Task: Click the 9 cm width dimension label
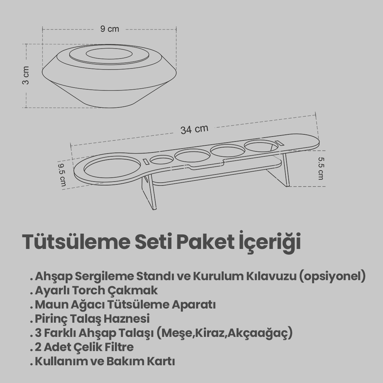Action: (x=110, y=29)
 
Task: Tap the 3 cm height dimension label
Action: (x=26, y=75)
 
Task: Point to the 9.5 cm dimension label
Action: (x=62, y=175)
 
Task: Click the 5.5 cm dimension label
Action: (x=321, y=168)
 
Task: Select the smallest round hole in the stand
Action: (x=161, y=160)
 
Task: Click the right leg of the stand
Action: (x=281, y=171)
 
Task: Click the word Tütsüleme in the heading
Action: (x=76, y=242)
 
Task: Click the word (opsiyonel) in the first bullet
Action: (x=332, y=277)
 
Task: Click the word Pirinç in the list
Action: (x=51, y=319)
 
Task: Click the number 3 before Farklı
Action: (x=38, y=333)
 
